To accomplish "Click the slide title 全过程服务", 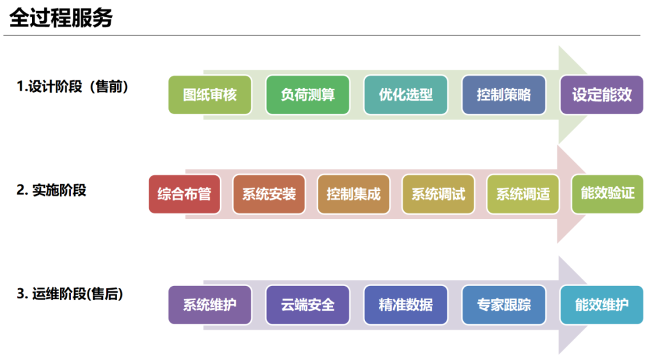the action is [x=60, y=18].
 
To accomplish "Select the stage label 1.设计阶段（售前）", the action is [x=72, y=86].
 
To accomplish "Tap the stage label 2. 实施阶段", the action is [x=51, y=190].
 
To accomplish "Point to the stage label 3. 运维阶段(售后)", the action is [x=70, y=294].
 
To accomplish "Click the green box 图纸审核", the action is [x=210, y=95].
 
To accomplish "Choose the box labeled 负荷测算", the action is [x=308, y=95].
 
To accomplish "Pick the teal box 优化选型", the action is [x=406, y=95].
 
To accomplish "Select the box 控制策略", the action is [x=504, y=95].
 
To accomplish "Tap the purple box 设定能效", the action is [x=602, y=95].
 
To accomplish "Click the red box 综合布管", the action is [x=184, y=194].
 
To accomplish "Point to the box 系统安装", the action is [x=269, y=194].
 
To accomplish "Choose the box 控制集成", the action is [x=353, y=194].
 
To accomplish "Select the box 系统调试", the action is [x=438, y=194].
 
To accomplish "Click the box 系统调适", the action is [x=523, y=194].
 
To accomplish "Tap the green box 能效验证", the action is [x=607, y=194].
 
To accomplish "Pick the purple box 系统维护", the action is [x=210, y=305].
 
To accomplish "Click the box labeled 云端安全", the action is [x=308, y=305].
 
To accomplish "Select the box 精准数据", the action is [x=406, y=305].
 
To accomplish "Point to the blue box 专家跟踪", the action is [x=504, y=305].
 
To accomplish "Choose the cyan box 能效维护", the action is [x=602, y=305].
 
